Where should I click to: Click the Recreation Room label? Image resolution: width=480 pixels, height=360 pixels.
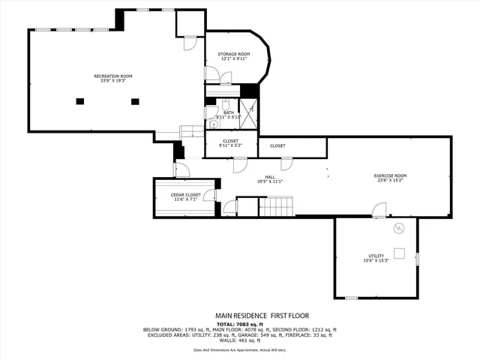pos(113,76)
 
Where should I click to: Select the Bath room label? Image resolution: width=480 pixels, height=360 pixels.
pos(228,112)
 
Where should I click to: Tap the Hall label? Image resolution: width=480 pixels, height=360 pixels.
pos(269,177)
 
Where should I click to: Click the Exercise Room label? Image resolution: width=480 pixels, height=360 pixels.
pos(390,175)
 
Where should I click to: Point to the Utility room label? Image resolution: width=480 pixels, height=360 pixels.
pos(376,256)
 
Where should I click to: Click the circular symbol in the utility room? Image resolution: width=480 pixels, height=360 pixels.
pos(399,228)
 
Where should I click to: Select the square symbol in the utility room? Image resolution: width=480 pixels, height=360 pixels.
pos(400,253)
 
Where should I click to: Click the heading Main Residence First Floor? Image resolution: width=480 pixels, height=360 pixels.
pos(262,316)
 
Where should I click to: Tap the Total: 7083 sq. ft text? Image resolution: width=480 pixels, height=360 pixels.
pos(240,324)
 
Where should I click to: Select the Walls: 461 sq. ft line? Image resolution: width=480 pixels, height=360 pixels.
pos(240,341)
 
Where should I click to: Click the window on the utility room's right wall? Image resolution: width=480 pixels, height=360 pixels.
pos(418,259)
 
